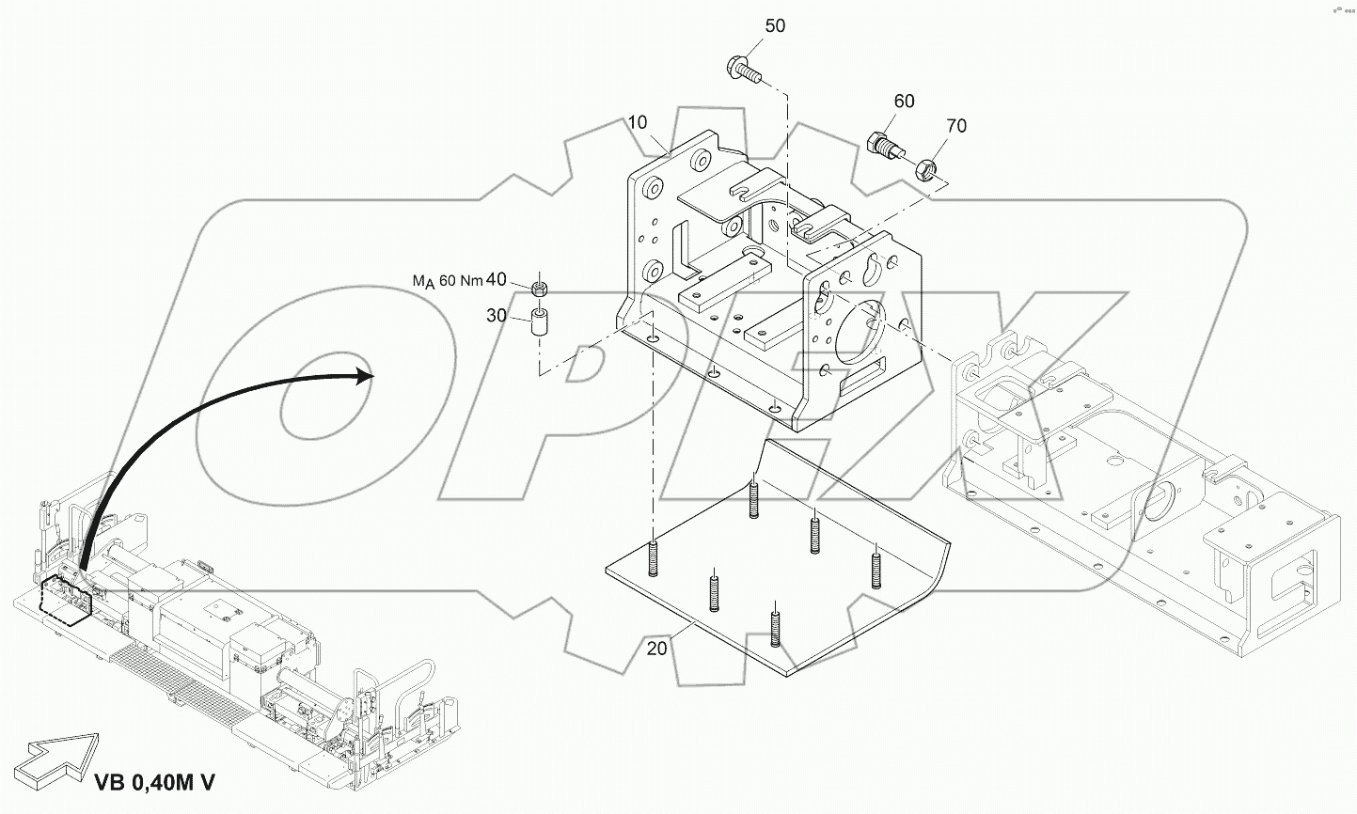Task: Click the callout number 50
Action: click(774, 26)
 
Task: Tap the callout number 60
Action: click(904, 102)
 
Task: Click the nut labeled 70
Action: click(925, 169)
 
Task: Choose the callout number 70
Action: click(955, 126)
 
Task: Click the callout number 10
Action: click(638, 123)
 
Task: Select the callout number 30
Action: click(497, 316)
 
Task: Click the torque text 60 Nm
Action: click(461, 280)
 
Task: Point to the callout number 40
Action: click(497, 279)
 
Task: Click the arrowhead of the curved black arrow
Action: click(365, 376)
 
